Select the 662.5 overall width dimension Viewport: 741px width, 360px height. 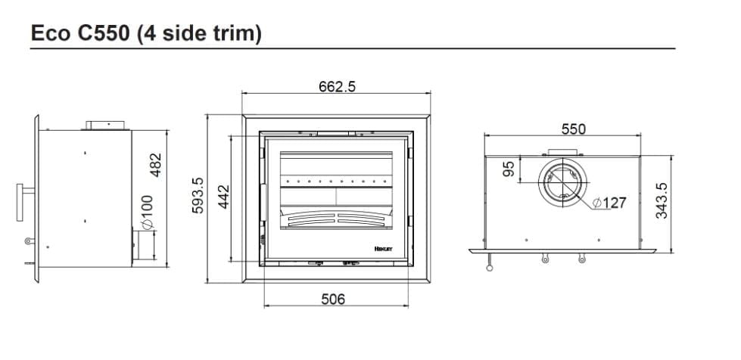pos(337,86)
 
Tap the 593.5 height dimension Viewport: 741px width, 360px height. pos(198,196)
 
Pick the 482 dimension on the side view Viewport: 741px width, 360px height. pos(156,164)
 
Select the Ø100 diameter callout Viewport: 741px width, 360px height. pos(146,215)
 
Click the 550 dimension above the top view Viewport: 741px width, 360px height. pos(573,129)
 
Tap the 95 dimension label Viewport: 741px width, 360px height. pos(509,169)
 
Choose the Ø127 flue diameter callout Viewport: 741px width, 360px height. pos(610,203)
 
